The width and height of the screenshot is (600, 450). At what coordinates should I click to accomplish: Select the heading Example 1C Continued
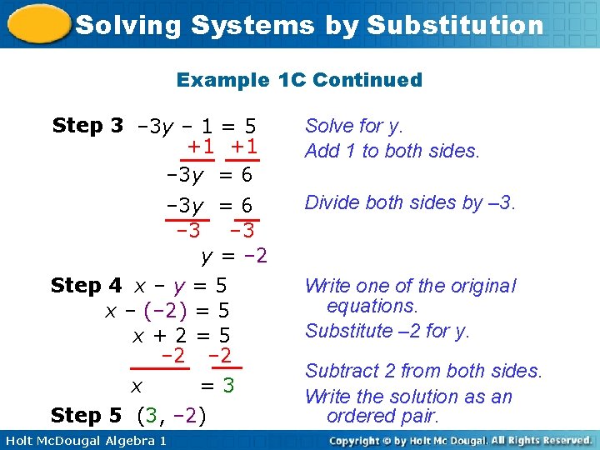[x=299, y=80]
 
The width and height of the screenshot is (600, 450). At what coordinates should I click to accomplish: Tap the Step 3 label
[x=87, y=126]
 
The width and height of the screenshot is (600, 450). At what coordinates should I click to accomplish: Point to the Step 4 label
[x=87, y=286]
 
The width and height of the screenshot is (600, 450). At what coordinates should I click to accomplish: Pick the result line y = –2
[x=234, y=255]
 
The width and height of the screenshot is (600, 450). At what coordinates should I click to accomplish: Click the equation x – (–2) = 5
[x=167, y=311]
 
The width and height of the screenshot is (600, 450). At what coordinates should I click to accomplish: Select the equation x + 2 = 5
[x=182, y=336]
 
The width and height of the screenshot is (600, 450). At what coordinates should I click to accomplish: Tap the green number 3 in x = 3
[x=228, y=386]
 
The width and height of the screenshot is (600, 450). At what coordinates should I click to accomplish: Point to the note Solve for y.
[x=354, y=126]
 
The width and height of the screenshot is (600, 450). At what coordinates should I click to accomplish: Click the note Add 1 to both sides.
[x=392, y=151]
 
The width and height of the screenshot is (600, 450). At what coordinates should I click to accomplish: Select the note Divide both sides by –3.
[x=410, y=202]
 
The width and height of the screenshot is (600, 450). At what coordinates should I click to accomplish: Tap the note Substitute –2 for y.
[x=387, y=331]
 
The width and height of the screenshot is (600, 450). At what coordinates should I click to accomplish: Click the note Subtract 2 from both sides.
[x=423, y=371]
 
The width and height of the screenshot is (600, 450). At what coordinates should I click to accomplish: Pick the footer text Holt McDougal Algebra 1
[x=85, y=440]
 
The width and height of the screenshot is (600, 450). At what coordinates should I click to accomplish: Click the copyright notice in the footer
[x=460, y=440]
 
